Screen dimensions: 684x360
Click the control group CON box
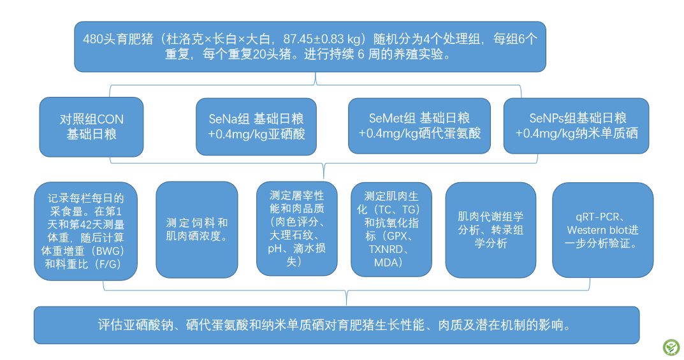(x=91, y=127)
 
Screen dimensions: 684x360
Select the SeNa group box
(x=256, y=126)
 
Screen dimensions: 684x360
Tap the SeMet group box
(x=419, y=126)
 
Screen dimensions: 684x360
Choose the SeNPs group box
(x=576, y=126)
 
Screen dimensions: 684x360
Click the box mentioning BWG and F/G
(x=86, y=231)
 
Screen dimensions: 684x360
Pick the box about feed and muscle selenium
(x=197, y=229)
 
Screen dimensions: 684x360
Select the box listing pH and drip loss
(x=296, y=229)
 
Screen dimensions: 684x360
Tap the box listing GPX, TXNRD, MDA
(x=391, y=229)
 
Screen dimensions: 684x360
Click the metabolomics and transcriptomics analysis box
(x=491, y=230)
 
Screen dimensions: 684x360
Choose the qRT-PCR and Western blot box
(x=603, y=230)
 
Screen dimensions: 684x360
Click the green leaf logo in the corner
(x=671, y=347)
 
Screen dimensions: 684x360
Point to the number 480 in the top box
(x=93, y=40)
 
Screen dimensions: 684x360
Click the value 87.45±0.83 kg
(x=324, y=40)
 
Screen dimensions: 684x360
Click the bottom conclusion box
(x=337, y=325)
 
